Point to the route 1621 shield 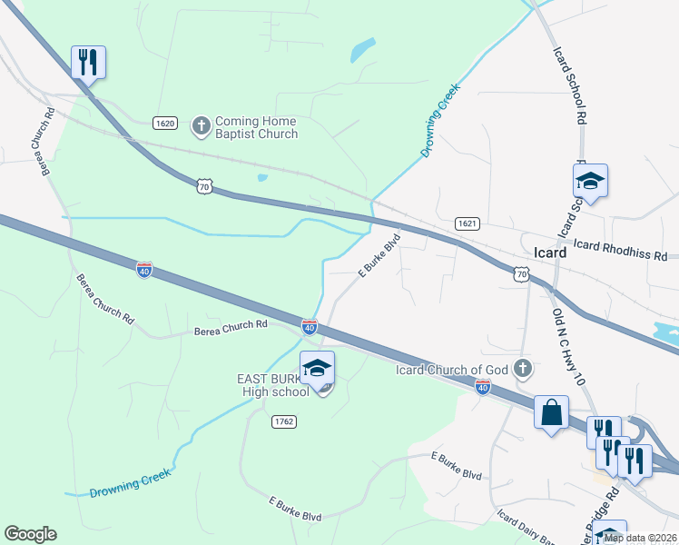(x=467, y=223)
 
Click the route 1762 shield (x=283, y=421)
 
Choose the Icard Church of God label (x=451, y=369)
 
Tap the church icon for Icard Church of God (x=522, y=368)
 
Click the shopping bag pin (x=551, y=413)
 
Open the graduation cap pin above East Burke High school (x=317, y=369)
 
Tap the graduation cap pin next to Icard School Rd (x=590, y=182)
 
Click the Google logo (x=30, y=534)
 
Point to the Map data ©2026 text (x=639, y=538)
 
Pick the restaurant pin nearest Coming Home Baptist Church (x=89, y=63)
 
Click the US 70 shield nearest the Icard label (x=520, y=272)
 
